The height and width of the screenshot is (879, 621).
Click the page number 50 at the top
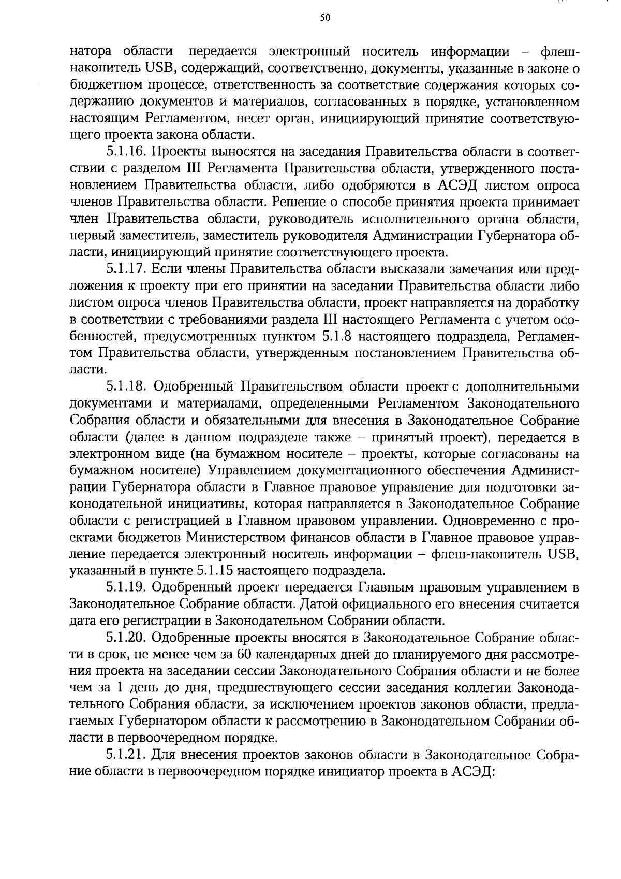coord(325,18)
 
